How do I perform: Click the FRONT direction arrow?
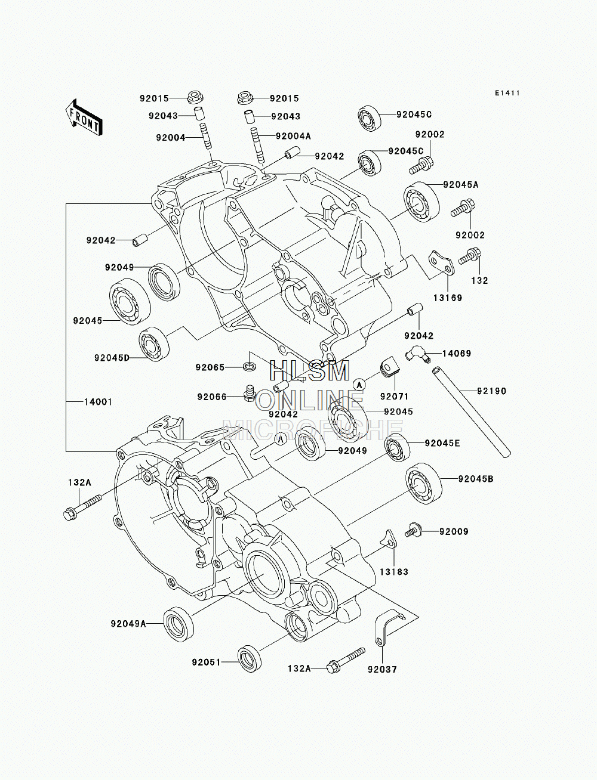point(84,117)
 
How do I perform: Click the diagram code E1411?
point(507,93)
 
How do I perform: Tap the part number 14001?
point(98,402)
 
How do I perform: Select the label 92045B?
point(476,479)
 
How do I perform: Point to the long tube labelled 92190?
point(472,413)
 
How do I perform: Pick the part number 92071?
point(394,396)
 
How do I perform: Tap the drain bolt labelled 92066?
point(251,393)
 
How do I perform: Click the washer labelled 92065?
point(250,366)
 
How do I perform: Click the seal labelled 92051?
point(249,660)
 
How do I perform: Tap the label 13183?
point(394,572)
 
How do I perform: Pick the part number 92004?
point(171,138)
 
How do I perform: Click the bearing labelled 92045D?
point(153,343)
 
